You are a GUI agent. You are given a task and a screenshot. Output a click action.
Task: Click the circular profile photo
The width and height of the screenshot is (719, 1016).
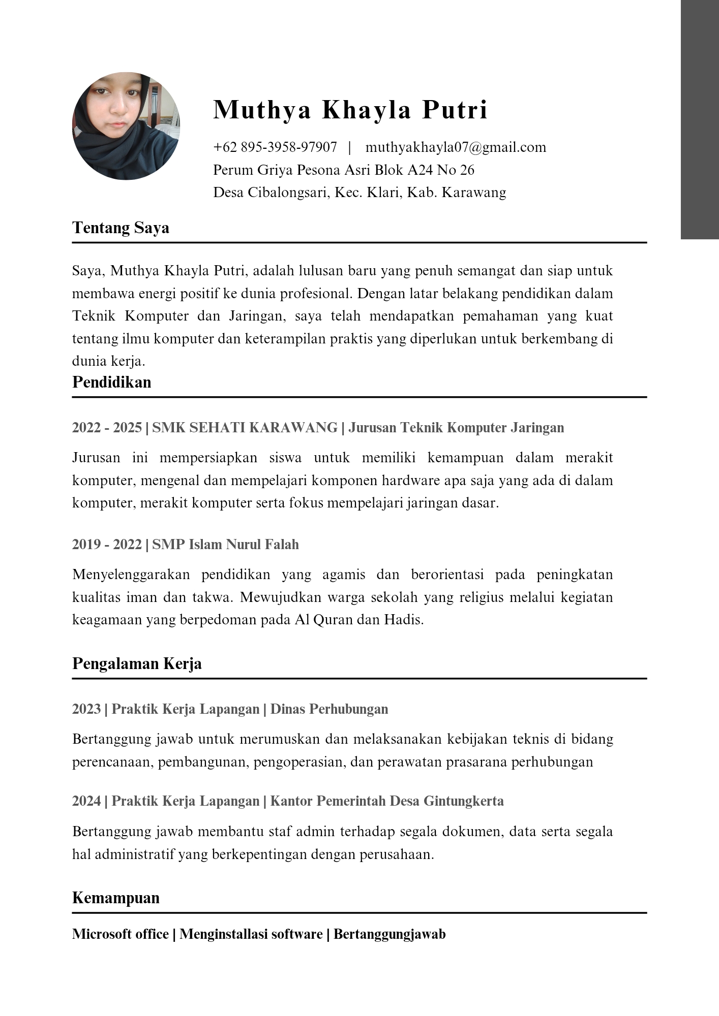click(x=126, y=126)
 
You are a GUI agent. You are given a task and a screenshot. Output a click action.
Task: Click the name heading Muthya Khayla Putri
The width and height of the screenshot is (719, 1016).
click(x=350, y=110)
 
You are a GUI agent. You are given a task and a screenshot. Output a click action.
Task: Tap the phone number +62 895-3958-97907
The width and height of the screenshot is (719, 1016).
click(x=275, y=147)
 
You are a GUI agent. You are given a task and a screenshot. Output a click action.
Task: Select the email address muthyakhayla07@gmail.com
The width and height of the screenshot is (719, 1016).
click(x=456, y=147)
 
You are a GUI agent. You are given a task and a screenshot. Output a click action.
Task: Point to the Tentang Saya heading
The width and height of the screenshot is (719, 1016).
click(x=121, y=228)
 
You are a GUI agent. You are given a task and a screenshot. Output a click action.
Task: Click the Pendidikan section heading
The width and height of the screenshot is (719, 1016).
click(x=112, y=382)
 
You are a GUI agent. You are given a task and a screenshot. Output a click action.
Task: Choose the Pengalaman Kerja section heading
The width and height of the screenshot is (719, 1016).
click(x=137, y=663)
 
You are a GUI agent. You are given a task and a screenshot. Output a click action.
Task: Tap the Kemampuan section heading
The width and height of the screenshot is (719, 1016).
click(x=116, y=898)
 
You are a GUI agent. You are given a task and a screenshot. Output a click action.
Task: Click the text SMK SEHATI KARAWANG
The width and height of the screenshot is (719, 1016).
click(x=245, y=428)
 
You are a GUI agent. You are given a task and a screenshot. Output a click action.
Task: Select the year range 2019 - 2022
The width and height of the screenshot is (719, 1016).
click(x=107, y=545)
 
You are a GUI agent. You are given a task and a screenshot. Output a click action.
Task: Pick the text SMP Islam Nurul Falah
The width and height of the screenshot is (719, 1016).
click(x=225, y=545)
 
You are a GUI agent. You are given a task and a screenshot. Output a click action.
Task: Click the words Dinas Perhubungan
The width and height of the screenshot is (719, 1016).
click(x=329, y=709)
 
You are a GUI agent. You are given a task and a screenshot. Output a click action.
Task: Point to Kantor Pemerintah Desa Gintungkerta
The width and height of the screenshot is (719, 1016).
click(x=387, y=801)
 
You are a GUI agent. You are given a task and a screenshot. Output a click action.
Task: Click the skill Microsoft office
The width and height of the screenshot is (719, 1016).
click(x=121, y=934)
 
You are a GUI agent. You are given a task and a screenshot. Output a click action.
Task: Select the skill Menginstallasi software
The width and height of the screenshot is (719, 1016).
click(x=251, y=934)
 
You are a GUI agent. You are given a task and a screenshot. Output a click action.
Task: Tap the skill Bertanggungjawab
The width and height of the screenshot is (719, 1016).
click(x=390, y=934)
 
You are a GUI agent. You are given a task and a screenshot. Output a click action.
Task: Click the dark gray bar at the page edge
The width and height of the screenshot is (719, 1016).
click(x=700, y=119)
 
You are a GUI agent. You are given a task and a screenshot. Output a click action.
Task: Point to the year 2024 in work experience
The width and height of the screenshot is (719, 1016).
click(x=86, y=801)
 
